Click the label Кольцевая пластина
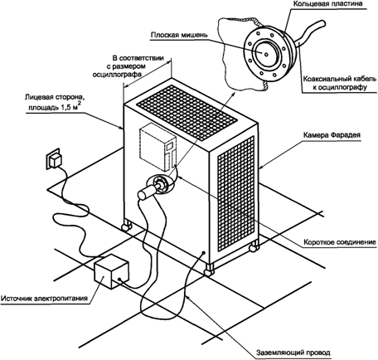point(327,4)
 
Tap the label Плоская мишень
point(179,35)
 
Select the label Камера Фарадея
point(332,135)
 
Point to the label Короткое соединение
point(340,242)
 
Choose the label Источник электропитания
point(44,299)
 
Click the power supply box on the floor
point(112,271)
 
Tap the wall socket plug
point(55,160)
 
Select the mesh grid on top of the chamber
point(187,112)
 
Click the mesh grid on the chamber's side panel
point(235,193)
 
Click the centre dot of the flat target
point(266,54)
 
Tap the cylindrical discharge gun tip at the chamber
point(147,192)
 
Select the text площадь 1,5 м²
point(54,107)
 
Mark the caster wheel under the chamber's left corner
point(126,226)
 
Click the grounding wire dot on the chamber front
point(204,252)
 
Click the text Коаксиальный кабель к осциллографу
point(340,83)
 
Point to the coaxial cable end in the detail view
point(322,24)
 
